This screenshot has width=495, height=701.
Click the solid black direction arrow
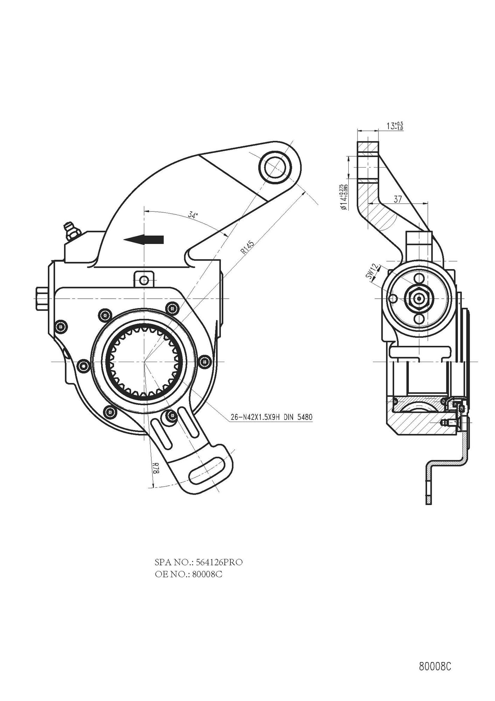coord(144,239)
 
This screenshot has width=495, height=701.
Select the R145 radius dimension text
coord(247,246)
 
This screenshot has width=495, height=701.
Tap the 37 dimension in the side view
coord(397,199)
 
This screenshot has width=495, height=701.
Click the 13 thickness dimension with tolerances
coord(395,126)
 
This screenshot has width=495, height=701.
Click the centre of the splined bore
coord(144,361)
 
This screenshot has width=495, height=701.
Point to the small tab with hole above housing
coord(144,279)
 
